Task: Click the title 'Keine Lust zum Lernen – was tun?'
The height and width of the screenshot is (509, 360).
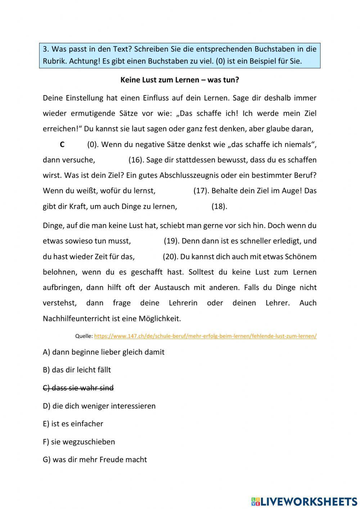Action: coord(180,80)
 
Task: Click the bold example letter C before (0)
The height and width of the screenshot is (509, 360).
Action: coord(62,145)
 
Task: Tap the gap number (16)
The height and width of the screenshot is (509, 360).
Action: coord(136,160)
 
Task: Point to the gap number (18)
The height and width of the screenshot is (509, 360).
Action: coord(219,206)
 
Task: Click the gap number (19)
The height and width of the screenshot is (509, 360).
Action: coord(171,241)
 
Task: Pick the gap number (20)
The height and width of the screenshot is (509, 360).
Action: coord(170,256)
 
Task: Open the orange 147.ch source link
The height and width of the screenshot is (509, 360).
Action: coord(205,336)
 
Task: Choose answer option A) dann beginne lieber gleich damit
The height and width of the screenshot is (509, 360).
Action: coord(104,352)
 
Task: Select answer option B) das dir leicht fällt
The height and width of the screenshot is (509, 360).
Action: coord(77,370)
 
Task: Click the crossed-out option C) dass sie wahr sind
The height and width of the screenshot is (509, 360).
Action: coord(78,388)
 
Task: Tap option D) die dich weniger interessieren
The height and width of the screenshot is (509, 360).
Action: coord(99,406)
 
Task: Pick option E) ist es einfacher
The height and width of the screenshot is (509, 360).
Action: coord(73,424)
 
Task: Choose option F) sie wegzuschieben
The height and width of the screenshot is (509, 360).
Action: coord(79,442)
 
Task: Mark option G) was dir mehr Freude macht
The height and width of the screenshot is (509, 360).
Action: coord(95,460)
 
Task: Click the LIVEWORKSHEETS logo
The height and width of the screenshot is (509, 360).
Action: coord(304,501)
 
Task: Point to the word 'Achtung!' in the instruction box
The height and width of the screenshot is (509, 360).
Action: coord(84,61)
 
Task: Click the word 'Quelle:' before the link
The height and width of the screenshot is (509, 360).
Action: coord(84,336)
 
